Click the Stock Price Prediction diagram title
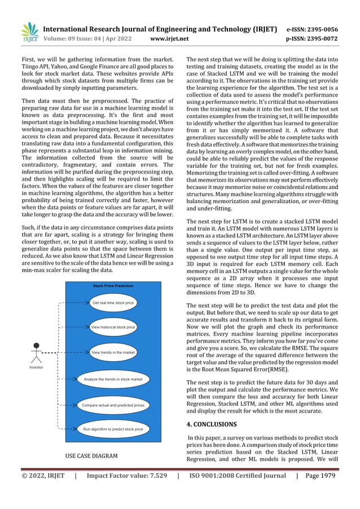coord(113,286)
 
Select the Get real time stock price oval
coord(113,303)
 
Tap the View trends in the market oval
coord(113,353)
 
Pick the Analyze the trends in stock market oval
coord(113,379)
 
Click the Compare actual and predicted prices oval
coord(113,405)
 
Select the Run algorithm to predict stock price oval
coord(113,429)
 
